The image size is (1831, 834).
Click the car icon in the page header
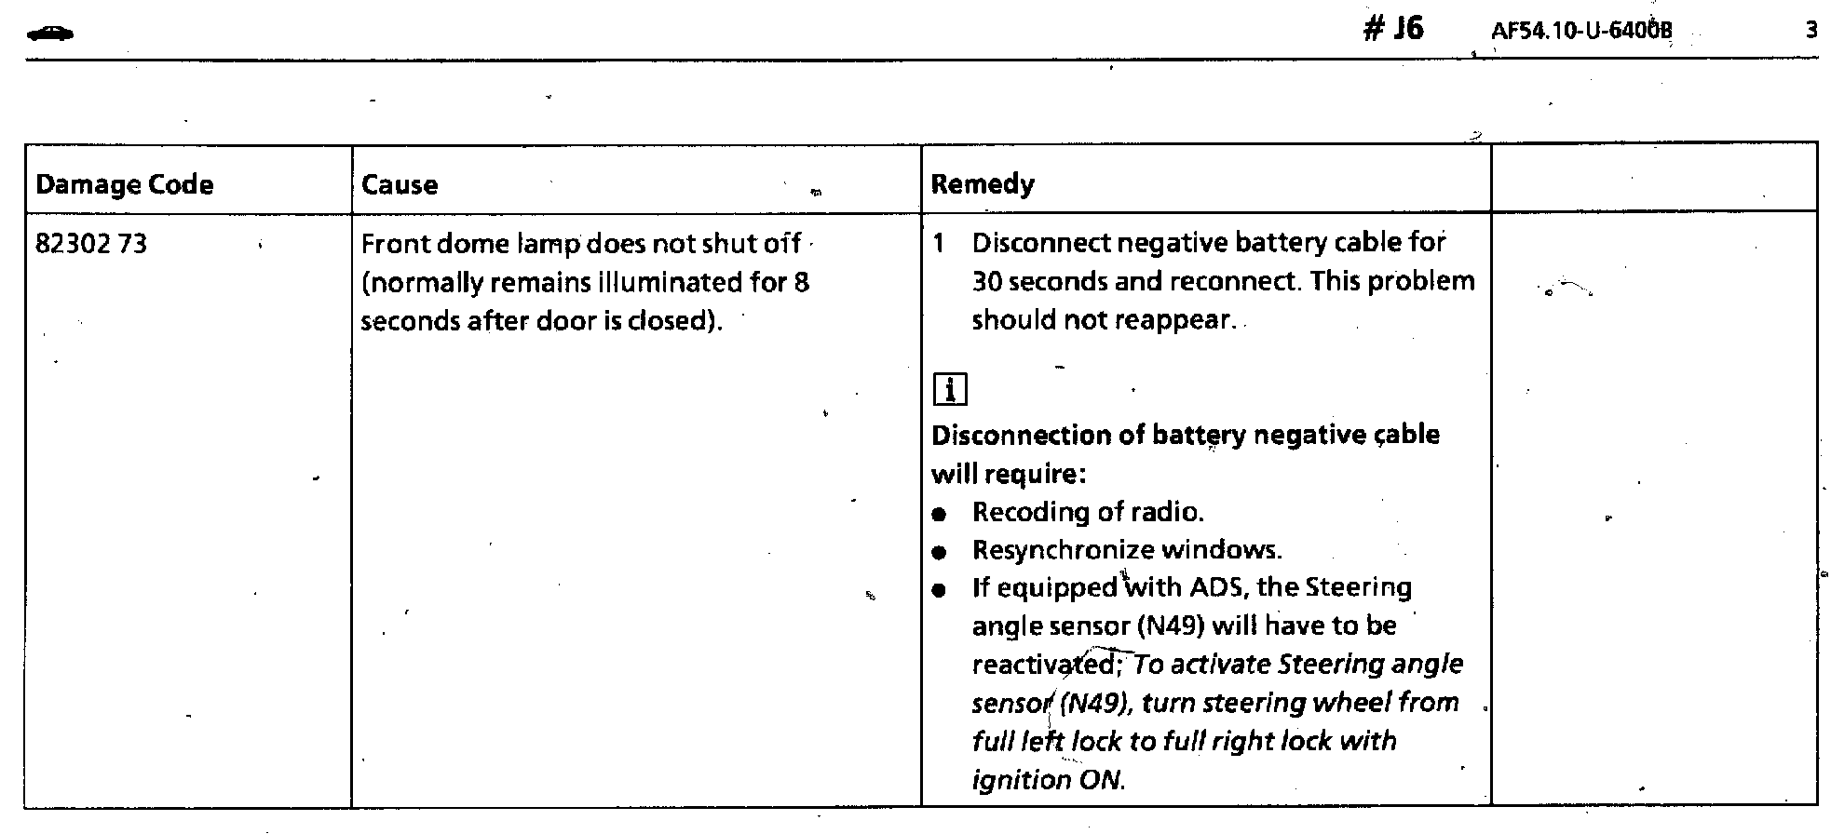pyautogui.click(x=50, y=34)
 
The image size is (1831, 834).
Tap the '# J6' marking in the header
pyautogui.click(x=1393, y=29)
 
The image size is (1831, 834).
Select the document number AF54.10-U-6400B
pyautogui.click(x=1581, y=32)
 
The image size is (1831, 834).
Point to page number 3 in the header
pyautogui.click(x=1811, y=31)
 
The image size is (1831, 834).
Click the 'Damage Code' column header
pyautogui.click(x=124, y=184)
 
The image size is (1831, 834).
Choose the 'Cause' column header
pyautogui.click(x=399, y=184)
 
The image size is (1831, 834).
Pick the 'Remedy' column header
pyautogui.click(x=983, y=183)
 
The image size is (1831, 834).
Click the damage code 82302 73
pyautogui.click(x=90, y=244)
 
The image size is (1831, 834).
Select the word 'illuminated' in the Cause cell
pyautogui.click(x=671, y=282)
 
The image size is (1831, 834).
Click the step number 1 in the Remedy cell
pyautogui.click(x=939, y=244)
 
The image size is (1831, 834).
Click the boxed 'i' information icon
pyautogui.click(x=949, y=389)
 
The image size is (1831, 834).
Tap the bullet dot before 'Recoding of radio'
pyautogui.click(x=940, y=514)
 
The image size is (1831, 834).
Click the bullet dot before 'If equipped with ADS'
pyautogui.click(x=940, y=589)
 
